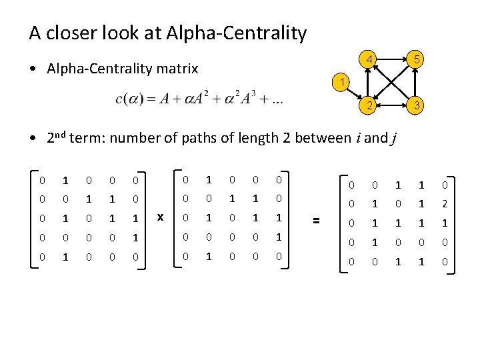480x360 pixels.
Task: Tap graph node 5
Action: [x=416, y=60]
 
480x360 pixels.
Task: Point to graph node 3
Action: [x=416, y=105]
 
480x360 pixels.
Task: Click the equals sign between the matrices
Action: [x=317, y=219]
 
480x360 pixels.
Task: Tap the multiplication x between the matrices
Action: [x=160, y=216]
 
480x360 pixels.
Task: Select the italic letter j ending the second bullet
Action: [x=395, y=139]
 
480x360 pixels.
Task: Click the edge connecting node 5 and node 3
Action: [x=416, y=83]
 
